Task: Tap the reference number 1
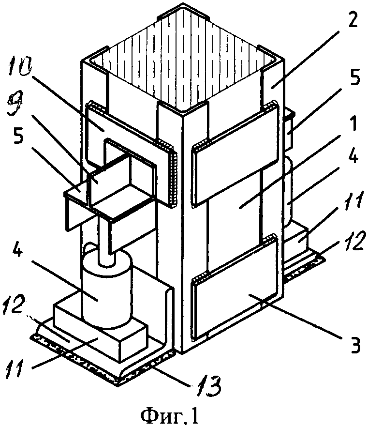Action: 353,123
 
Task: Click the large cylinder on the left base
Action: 107,289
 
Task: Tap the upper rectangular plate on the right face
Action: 236,154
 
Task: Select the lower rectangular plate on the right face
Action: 236,286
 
